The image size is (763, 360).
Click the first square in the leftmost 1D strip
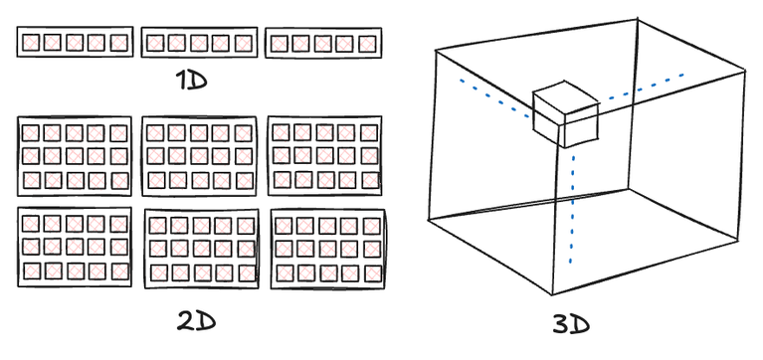31,43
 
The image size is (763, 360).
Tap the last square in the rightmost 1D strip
368,44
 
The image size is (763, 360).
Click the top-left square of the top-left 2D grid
31,132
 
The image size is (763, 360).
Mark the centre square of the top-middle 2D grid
198,155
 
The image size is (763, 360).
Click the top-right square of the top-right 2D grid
369,131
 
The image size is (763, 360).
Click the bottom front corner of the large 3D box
552,295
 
